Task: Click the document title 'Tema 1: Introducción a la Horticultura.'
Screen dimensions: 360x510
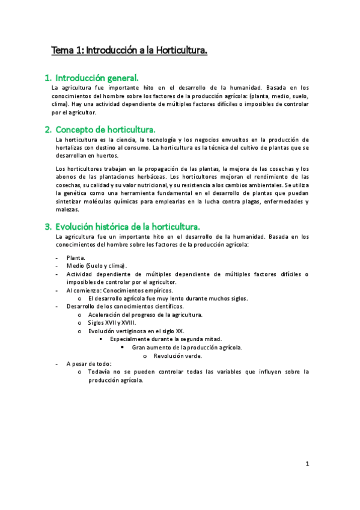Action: coord(129,51)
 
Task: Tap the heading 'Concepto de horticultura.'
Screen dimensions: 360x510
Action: coord(105,129)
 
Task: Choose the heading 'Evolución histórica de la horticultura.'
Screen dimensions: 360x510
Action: coord(127,226)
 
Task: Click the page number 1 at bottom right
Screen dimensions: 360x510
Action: coord(307,464)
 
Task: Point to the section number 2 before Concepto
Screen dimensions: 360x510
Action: coord(48,129)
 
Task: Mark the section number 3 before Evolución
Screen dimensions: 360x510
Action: coord(48,226)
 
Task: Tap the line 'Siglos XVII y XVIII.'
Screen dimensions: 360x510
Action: coord(112,322)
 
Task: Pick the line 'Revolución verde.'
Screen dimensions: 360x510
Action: coord(177,355)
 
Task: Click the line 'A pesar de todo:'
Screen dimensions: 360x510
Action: coord(89,364)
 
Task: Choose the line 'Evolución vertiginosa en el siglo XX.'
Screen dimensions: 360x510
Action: coord(136,331)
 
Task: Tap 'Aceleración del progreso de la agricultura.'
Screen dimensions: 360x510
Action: coord(145,315)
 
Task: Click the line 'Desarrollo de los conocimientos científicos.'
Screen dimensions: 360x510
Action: coord(125,306)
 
